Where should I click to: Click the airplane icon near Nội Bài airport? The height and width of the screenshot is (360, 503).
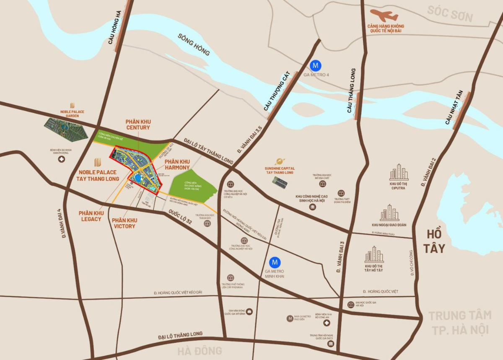click(x=384, y=16)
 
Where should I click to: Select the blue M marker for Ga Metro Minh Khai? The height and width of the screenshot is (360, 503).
click(x=275, y=262)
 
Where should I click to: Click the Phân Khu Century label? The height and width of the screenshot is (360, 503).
click(x=137, y=124)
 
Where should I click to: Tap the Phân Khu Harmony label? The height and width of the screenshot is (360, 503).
click(x=177, y=164)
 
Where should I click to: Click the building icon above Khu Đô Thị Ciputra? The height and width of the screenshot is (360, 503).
click(x=398, y=172)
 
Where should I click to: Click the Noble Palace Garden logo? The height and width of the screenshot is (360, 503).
click(x=72, y=105)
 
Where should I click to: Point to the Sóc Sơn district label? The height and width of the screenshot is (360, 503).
click(x=450, y=13)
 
